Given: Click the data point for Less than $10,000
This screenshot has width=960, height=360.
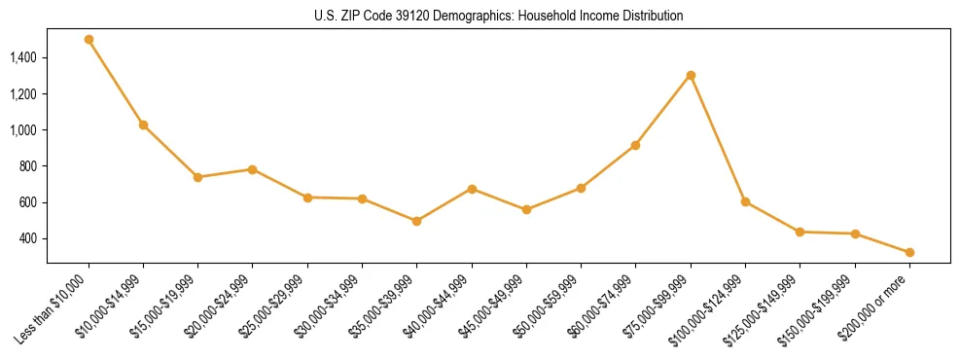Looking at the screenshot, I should point(89,40).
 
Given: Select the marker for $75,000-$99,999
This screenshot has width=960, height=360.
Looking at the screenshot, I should point(691,75).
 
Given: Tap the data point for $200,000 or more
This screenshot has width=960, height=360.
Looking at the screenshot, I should point(909,252).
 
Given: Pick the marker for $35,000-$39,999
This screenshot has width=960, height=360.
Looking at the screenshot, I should point(417,221).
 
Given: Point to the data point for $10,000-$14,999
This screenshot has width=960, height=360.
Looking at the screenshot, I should point(143,125).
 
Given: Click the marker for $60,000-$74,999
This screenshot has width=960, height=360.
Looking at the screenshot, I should point(636,145).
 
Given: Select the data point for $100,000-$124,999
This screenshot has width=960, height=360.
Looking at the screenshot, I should point(745,201).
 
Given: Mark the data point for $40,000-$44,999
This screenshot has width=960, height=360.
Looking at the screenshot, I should point(472,189).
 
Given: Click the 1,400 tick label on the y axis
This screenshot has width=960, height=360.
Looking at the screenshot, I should point(23,58).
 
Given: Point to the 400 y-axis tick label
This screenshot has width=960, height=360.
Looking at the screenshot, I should point(28,239).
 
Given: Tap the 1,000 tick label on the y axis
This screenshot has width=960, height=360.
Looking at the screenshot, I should point(23,130).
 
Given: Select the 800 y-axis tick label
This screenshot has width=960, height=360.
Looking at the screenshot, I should point(28,166).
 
